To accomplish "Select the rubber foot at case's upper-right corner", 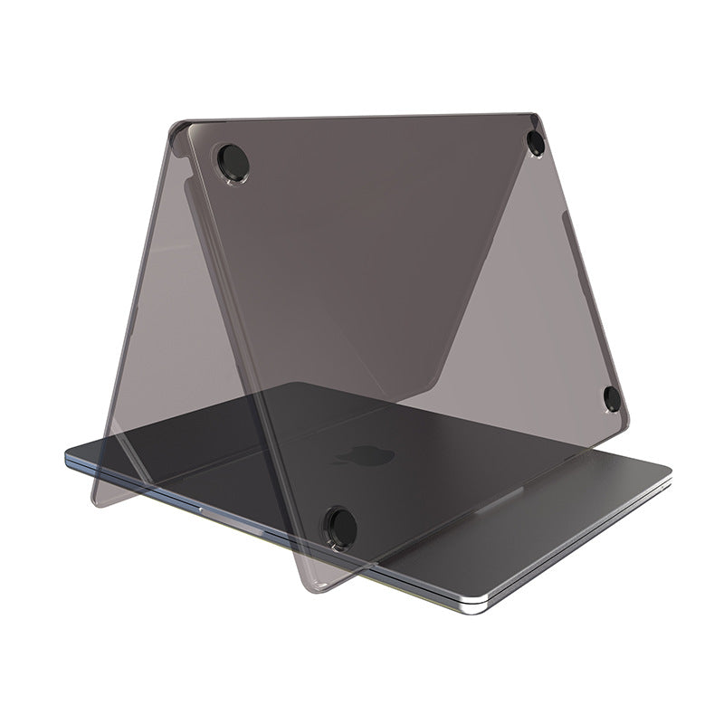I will (536, 140).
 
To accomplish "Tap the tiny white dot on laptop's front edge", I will (198, 510).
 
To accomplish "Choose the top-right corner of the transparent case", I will (539, 115).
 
